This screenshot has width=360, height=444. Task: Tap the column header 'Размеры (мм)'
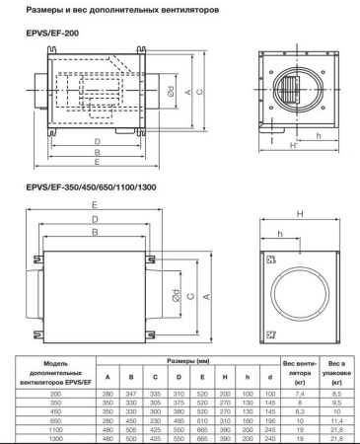coord(187,362)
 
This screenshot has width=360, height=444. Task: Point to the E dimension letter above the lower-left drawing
coord(94,204)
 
